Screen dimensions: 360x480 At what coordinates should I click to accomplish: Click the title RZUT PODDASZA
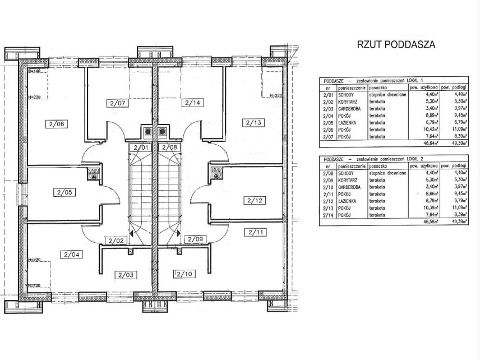coord(396,45)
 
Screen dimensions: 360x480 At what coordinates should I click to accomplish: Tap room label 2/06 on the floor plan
coord(56,124)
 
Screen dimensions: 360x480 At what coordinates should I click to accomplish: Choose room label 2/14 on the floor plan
coord(192,103)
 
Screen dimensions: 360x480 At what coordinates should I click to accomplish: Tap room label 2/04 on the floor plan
coord(72,255)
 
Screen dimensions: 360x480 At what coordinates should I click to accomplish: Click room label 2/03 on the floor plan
coord(125,275)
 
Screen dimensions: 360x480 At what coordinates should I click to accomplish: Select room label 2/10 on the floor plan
coord(184,274)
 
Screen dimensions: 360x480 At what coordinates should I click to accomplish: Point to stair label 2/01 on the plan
coord(141,147)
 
